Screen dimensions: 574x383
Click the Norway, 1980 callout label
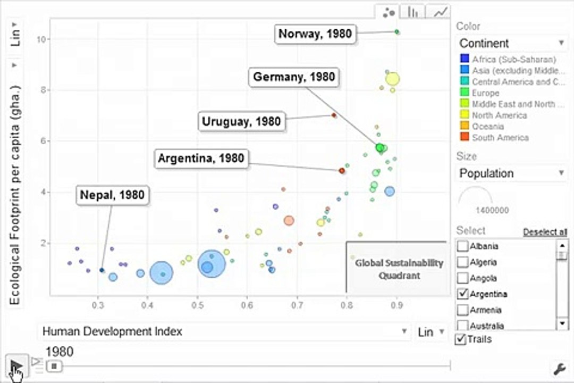point(315,34)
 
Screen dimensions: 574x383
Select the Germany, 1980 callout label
point(294,77)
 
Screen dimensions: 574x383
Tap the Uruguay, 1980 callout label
point(241,121)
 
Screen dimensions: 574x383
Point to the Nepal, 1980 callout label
point(112,195)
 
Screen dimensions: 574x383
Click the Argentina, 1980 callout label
point(201,159)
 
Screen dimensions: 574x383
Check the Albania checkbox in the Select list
point(463,246)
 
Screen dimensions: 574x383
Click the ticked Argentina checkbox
point(463,294)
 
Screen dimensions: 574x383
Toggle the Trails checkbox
point(460,339)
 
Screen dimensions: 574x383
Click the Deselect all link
point(545,231)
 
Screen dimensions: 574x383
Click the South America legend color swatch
point(465,137)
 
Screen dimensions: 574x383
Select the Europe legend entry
point(485,93)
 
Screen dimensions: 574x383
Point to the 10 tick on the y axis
point(43,39)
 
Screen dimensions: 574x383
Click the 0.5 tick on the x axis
point(197,305)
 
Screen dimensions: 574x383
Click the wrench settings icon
point(559,368)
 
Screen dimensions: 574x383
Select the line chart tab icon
point(440,12)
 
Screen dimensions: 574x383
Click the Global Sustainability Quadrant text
point(399,269)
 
